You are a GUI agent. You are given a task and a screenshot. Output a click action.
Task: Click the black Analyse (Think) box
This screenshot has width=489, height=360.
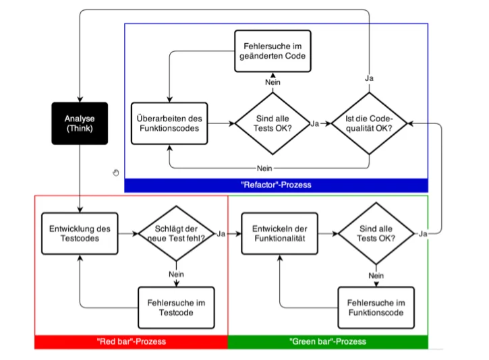click(x=80, y=123)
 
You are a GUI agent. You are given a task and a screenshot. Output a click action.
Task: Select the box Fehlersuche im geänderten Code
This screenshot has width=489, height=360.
click(x=272, y=51)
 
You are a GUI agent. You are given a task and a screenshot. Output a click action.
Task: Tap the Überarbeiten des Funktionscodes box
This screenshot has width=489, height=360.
click(x=169, y=123)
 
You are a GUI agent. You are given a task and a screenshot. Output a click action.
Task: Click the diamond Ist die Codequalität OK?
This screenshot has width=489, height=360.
click(x=369, y=123)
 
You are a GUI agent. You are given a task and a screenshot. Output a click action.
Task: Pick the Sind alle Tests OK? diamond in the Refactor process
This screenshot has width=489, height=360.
click(x=272, y=123)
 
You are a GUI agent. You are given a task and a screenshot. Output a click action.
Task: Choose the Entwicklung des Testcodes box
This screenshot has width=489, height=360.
click(x=80, y=233)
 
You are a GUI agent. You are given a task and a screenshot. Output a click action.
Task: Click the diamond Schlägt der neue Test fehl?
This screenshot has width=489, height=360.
click(x=176, y=233)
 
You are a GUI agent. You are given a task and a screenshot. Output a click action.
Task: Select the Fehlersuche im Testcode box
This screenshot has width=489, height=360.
click(x=176, y=307)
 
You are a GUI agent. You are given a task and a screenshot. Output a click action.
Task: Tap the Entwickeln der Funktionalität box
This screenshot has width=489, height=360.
click(x=280, y=233)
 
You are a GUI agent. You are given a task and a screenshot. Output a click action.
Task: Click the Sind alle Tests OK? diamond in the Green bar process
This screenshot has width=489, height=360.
click(x=376, y=233)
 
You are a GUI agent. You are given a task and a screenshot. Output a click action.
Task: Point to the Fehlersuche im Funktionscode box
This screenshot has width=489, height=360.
click(x=376, y=307)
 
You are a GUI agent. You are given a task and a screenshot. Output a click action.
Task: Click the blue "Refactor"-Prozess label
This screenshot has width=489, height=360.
click(x=276, y=185)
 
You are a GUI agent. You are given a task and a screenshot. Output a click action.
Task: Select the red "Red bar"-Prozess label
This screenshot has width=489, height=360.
click(x=132, y=342)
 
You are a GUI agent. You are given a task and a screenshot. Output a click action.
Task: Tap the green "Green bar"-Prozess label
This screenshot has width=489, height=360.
click(x=328, y=342)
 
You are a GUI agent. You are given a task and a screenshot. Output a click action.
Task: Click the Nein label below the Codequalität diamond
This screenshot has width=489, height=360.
click(x=264, y=169)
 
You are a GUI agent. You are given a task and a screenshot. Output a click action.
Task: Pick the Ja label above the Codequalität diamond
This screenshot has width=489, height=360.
click(x=369, y=78)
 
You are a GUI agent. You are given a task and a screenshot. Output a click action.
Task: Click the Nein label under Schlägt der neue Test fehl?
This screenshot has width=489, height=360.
click(x=176, y=274)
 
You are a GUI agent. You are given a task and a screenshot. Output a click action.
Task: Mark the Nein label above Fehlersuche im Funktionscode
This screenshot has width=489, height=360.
click(x=376, y=276)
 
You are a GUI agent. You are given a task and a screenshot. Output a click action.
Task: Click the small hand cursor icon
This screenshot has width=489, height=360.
click(x=116, y=173)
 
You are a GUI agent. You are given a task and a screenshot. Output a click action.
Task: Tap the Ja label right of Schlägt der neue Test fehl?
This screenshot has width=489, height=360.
click(x=221, y=234)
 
